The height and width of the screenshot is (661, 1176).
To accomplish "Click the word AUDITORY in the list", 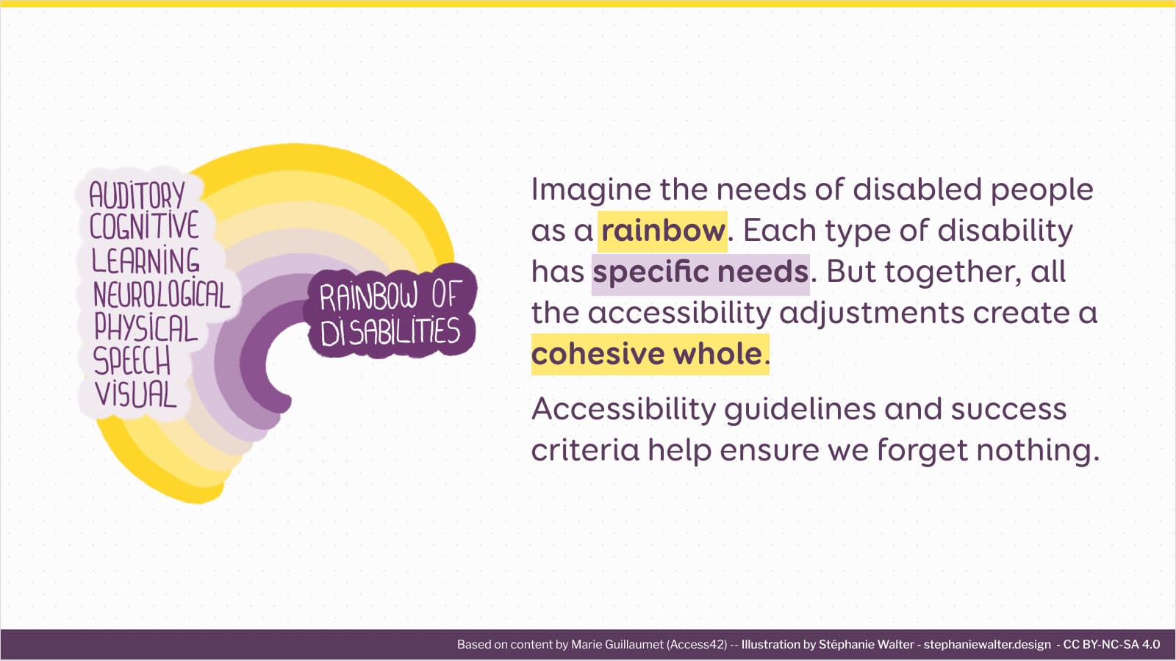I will click(x=137, y=195).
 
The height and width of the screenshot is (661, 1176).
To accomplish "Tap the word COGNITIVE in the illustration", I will click(x=144, y=227).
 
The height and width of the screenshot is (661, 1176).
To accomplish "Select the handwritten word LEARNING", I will click(x=146, y=261).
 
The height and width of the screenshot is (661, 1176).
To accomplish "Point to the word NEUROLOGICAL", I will click(x=162, y=295).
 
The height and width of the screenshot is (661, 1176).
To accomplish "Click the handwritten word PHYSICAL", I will click(x=146, y=328).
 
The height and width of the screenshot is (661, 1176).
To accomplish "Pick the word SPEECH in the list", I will click(x=132, y=361).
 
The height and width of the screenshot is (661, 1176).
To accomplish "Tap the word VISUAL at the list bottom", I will click(x=136, y=394).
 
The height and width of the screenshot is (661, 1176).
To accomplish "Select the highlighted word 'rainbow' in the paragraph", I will click(x=663, y=231).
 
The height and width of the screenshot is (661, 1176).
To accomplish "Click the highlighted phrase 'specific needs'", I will click(x=700, y=272).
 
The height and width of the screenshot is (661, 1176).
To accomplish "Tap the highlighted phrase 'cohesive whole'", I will click(x=648, y=354).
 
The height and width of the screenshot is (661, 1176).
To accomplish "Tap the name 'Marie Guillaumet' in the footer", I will click(x=617, y=645).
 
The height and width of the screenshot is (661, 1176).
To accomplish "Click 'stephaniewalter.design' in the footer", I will click(x=987, y=645).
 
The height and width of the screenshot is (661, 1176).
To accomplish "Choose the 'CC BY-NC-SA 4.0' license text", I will click(x=1111, y=645).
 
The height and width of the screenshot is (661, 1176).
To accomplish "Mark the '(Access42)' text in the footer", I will click(x=697, y=645).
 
